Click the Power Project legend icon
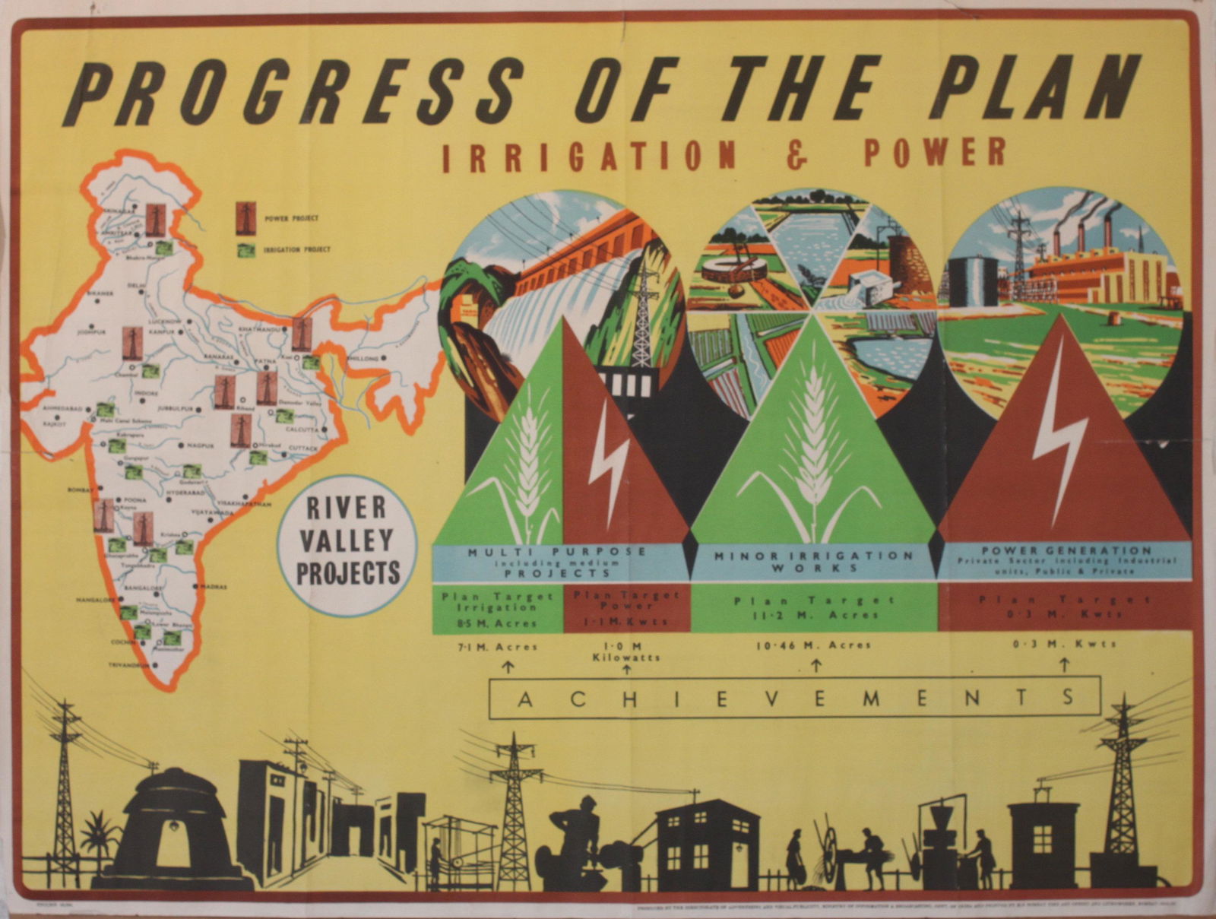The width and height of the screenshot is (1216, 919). pyautogui.click(x=245, y=217)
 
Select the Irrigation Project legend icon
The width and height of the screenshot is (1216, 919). pyautogui.click(x=245, y=249)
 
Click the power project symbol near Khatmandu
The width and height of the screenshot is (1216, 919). pyautogui.click(x=302, y=334)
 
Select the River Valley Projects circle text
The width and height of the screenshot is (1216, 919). pyautogui.click(x=348, y=540)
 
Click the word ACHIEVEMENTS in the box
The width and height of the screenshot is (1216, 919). pyautogui.click(x=794, y=697)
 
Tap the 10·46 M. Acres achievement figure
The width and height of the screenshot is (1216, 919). pyautogui.click(x=813, y=645)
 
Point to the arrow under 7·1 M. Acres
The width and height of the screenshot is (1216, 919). pyautogui.click(x=508, y=667)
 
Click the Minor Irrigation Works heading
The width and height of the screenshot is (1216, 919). pyautogui.click(x=813, y=561)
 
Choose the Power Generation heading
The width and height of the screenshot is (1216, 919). pyautogui.click(x=1066, y=550)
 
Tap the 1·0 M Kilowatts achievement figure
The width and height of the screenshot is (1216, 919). pyautogui.click(x=626, y=651)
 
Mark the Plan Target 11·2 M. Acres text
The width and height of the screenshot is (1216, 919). pyautogui.click(x=813, y=607)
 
